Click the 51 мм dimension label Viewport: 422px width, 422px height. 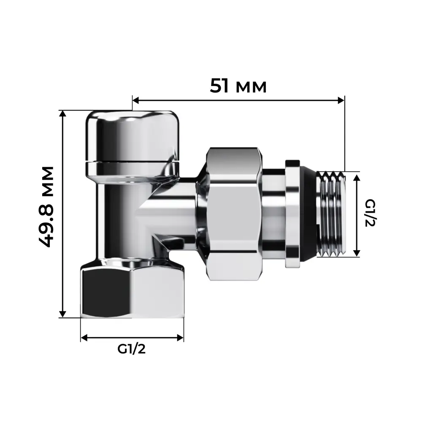(238, 86)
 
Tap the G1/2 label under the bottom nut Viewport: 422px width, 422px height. (132, 349)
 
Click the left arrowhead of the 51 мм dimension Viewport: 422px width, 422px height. (136, 100)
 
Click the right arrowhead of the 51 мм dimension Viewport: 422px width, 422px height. (341, 100)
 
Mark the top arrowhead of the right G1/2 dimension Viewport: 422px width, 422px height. (357, 176)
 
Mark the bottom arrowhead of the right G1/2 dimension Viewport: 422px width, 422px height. (357, 253)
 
